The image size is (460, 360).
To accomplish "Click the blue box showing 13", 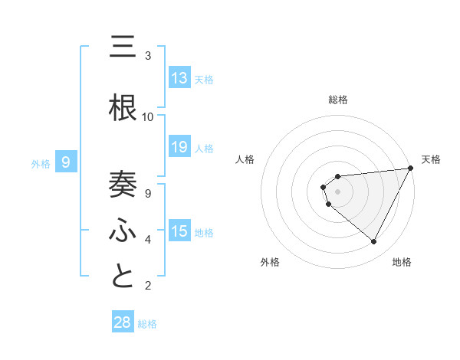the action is point(179,78).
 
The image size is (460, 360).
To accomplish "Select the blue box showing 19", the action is point(179,147).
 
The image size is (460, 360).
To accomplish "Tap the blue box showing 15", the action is point(179,231).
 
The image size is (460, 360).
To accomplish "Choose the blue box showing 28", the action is point(122,322).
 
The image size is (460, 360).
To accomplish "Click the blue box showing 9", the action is point(66,162).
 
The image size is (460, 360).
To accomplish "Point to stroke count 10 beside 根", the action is point(148,117).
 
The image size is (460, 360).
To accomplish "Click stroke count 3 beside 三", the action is point(148,56).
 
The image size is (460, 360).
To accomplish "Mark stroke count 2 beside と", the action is point(148,286).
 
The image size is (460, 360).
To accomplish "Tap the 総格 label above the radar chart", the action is point(338,100).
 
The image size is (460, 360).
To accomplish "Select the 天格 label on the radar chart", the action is point(432,159).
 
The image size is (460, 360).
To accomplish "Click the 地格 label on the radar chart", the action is point(402,262).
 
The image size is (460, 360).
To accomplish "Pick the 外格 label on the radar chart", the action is point(270,262).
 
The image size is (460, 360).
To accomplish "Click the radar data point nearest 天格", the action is point(411,169).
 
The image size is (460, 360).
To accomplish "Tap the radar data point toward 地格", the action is point(374,242).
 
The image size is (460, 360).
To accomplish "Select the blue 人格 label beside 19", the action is point(204,148).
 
